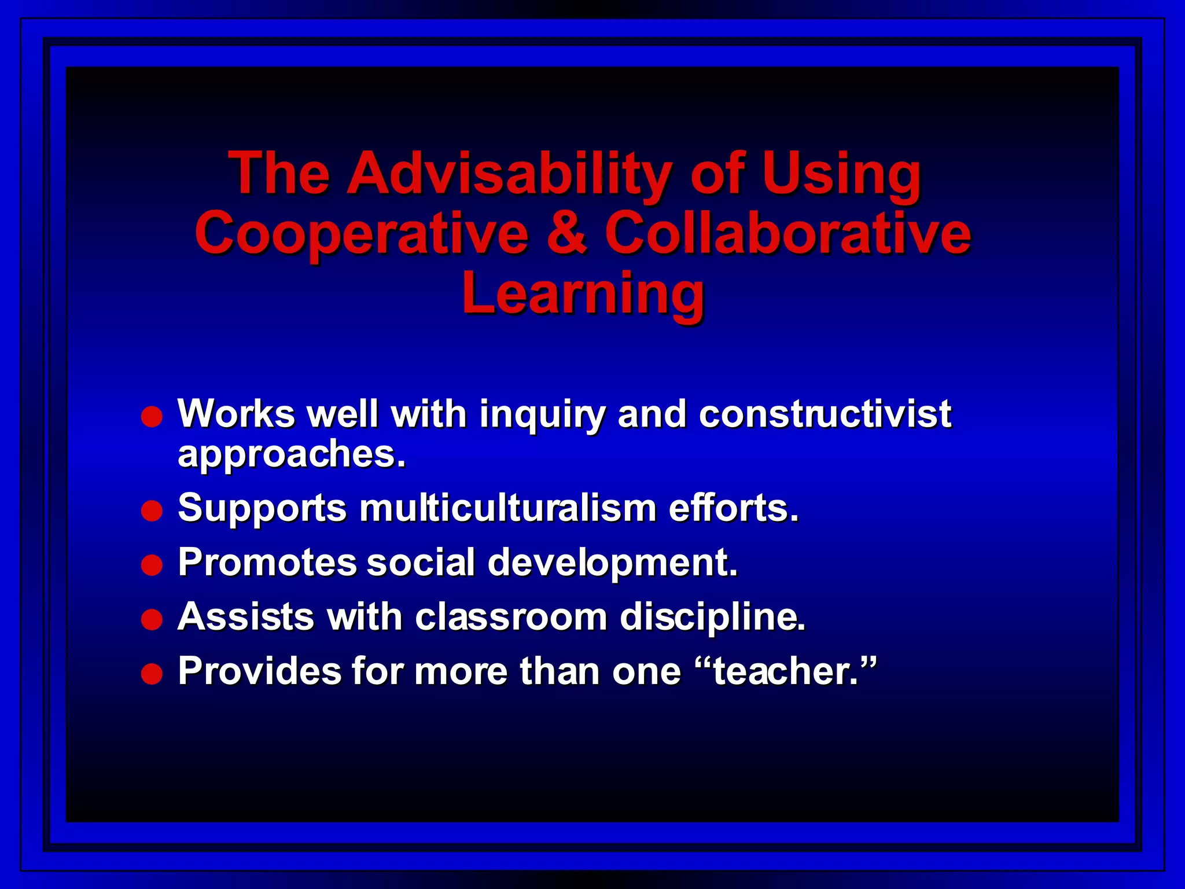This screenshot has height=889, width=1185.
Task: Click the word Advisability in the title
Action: click(x=510, y=174)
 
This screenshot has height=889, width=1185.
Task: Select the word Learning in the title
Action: click(x=583, y=294)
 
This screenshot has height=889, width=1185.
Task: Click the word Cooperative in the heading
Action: click(x=362, y=233)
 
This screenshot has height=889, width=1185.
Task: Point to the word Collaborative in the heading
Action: click(x=787, y=233)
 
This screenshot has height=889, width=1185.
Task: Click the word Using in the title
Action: click(x=841, y=174)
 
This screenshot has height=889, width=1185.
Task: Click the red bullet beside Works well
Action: click(x=152, y=417)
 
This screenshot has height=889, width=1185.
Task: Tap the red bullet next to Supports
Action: click(x=152, y=511)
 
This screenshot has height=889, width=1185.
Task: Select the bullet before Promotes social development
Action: click(x=152, y=565)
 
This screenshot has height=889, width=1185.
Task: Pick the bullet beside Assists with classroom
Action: click(x=152, y=620)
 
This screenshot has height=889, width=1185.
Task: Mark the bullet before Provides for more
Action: click(x=152, y=674)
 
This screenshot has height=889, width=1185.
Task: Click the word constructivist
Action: click(x=825, y=414)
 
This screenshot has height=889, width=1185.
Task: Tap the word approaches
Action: click(x=292, y=455)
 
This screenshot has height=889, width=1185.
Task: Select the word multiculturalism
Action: click(x=507, y=508)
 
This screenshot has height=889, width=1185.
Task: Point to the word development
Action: click(x=613, y=563)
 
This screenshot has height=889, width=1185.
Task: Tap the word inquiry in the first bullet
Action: click(x=542, y=415)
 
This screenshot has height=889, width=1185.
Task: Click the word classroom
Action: click(x=511, y=617)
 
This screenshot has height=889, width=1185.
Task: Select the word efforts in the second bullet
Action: click(x=734, y=508)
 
